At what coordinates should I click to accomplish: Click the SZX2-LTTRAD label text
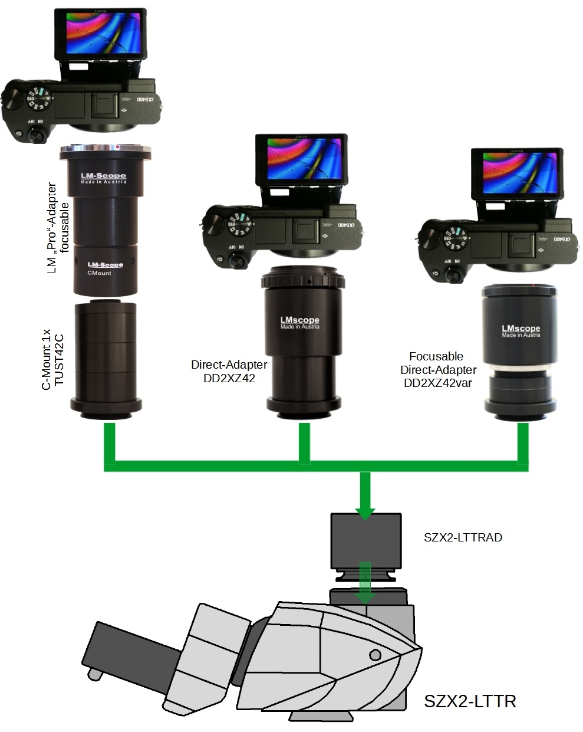463,537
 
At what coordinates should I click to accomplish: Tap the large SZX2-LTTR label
470,701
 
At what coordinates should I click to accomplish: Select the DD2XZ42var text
437,383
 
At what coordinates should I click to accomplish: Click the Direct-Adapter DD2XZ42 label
229,372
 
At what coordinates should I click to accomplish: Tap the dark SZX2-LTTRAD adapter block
366,540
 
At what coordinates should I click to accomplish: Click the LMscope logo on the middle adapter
299,321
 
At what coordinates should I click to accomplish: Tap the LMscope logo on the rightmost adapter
521,329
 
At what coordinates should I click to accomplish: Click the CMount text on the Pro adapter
99,273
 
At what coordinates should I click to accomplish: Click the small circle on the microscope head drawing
375,654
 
